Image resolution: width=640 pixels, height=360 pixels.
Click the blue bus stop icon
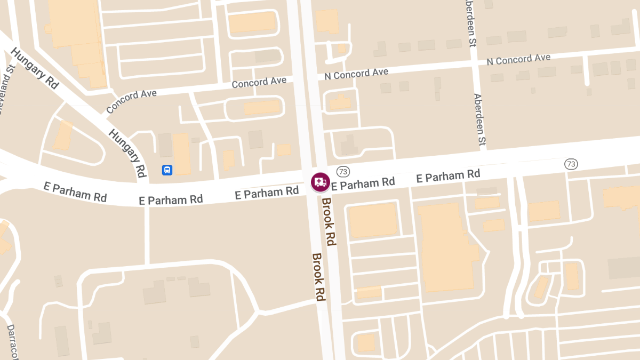pyautogui.click(x=167, y=170)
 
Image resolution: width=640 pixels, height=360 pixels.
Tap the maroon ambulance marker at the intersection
pyautogui.click(x=320, y=182)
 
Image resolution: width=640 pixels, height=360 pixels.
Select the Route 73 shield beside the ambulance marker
pyautogui.click(x=342, y=171)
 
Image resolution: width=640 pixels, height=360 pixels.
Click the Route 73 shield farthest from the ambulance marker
pyautogui.click(x=571, y=164)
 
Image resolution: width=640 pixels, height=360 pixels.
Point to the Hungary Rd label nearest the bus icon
pyautogui.click(x=127, y=153)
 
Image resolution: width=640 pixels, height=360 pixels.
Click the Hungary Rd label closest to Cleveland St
pyautogui.click(x=35, y=69)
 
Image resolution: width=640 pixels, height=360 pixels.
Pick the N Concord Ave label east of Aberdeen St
pyautogui.click(x=518, y=59)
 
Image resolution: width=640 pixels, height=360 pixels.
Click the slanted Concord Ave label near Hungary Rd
pyautogui.click(x=131, y=101)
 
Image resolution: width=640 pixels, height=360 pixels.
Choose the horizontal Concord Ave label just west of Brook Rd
pyautogui.click(x=259, y=83)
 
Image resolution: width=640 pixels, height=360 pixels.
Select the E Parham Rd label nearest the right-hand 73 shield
pyautogui.click(x=448, y=175)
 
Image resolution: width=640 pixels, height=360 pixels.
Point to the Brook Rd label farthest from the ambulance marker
pyautogui.click(x=319, y=277)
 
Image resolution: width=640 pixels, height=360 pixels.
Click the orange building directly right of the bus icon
pyautogui.click(x=181, y=154)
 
